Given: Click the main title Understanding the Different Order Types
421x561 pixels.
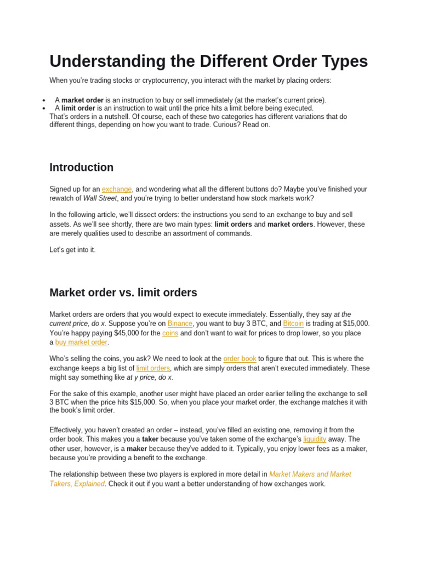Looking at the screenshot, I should coord(208,61).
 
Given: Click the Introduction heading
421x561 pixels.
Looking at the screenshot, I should coord(81,167).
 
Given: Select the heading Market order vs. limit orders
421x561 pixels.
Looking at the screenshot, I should coord(123,293).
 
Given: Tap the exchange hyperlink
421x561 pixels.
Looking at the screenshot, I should coord(117,189).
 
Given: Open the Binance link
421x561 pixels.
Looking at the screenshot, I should coord(180,324).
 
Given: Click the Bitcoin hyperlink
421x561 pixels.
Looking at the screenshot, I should coord(293,324).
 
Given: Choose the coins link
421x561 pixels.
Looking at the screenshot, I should coord(170,333).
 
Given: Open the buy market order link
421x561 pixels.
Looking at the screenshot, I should coord(81,342).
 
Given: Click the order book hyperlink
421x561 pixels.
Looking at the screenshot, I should coord(240,359).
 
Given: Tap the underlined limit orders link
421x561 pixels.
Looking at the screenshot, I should coord(153,368).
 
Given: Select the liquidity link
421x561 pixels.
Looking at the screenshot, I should coord(315,439).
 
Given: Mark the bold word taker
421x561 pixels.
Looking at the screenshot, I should coord(150,439).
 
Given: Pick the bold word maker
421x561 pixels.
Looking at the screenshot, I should coord(137,449).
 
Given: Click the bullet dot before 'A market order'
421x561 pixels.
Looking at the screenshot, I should coord(43,101).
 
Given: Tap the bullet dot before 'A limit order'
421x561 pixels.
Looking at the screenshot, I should coord(43,109).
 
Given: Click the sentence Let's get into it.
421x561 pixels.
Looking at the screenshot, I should coord(72,250).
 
